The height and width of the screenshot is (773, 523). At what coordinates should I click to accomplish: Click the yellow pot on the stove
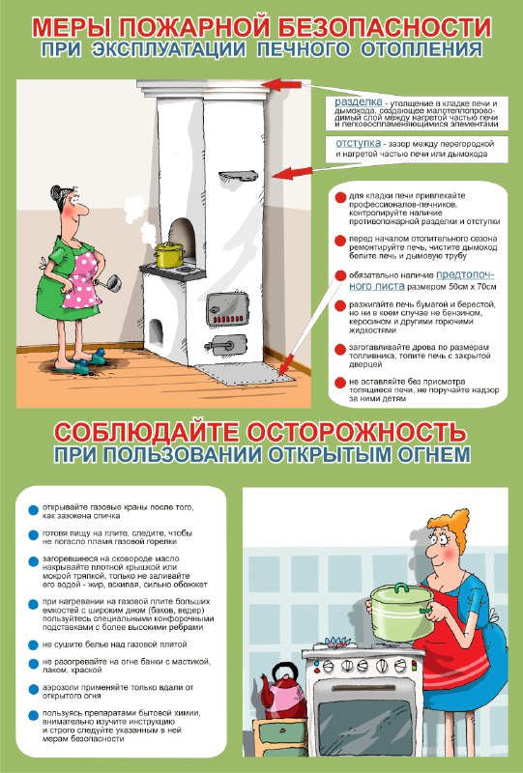[x=170, y=255]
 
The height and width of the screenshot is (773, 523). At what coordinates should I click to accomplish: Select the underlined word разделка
[x=359, y=102]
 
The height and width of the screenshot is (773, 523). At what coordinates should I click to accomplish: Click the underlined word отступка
[x=359, y=143]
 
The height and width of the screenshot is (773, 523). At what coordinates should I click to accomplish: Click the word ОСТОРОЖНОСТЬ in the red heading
[x=356, y=432]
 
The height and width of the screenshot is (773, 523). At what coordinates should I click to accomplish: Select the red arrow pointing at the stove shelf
[x=292, y=173]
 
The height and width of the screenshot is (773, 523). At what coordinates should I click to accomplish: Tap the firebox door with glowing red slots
[x=227, y=309]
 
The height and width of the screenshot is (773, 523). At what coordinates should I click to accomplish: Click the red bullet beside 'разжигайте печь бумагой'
[x=340, y=305]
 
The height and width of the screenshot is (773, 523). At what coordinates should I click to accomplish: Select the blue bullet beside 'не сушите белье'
[x=33, y=644]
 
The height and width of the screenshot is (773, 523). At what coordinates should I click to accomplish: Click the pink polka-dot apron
[x=83, y=279]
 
